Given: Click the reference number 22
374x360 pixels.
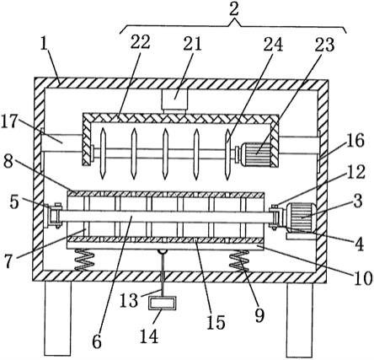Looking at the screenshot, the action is pos(141,43).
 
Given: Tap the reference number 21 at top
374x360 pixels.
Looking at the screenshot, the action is pos(192,44).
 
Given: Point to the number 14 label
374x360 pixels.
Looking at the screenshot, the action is pos(149,336).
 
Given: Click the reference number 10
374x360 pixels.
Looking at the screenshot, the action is pos(363,278).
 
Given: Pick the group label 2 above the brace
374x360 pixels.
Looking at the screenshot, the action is pos(233,10).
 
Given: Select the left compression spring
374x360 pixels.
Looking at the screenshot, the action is pos(83,261).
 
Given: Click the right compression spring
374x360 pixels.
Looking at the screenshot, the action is pos(239,261).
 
